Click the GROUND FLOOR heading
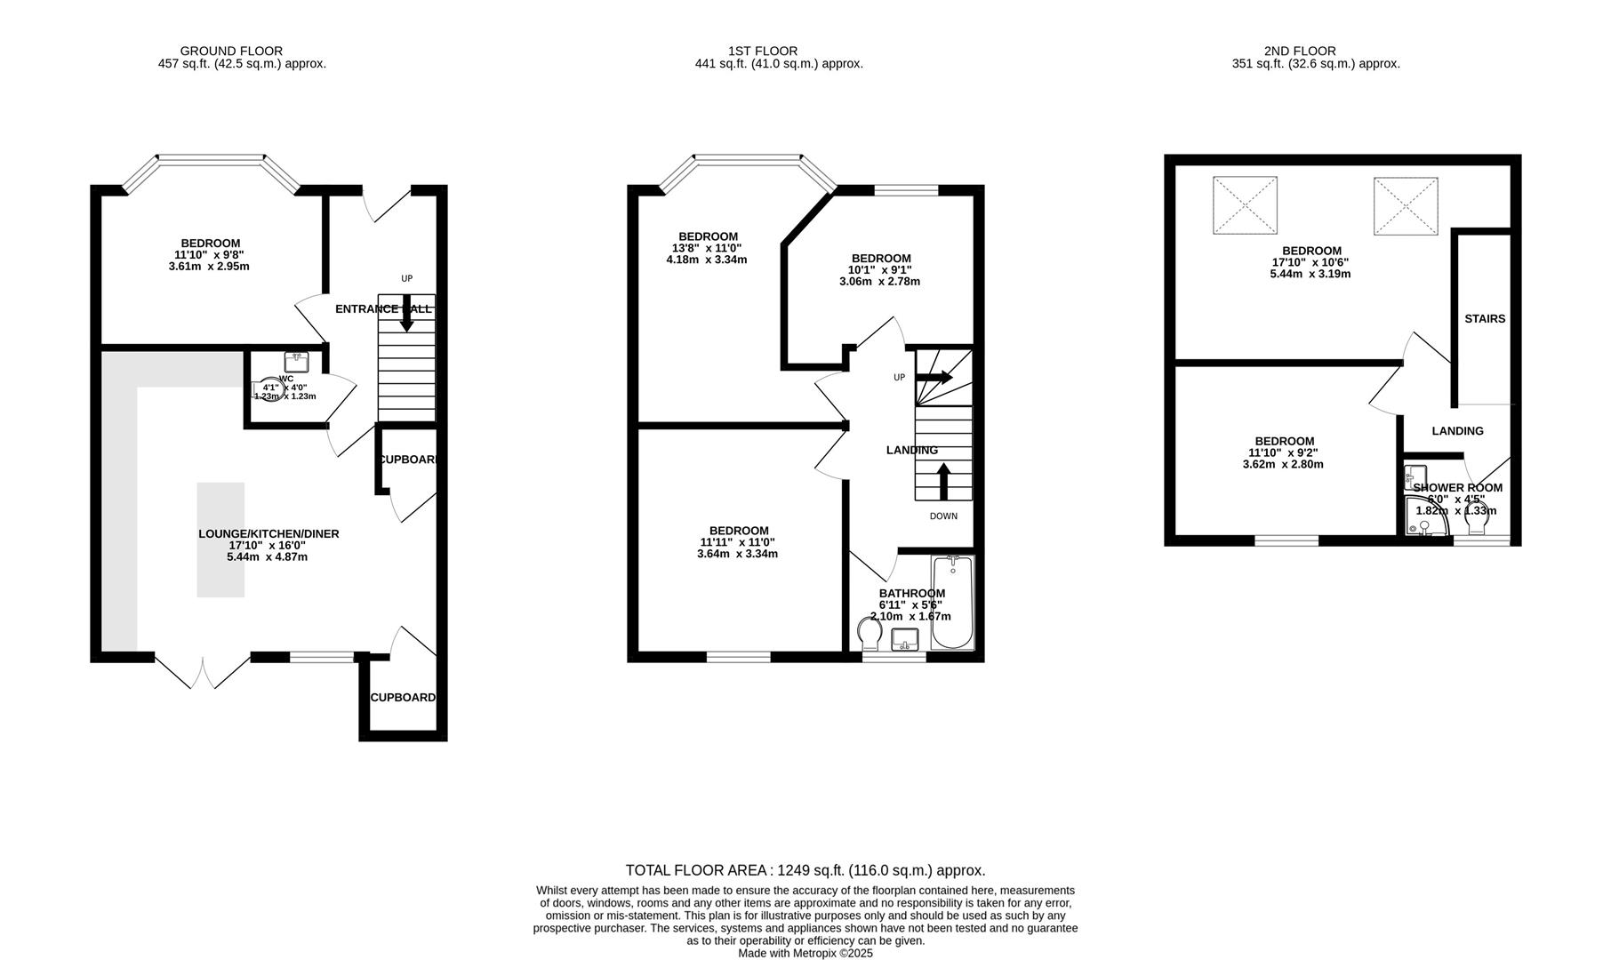click(231, 51)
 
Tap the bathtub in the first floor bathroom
click(952, 604)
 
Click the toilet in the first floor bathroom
click(870, 635)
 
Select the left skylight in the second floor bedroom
click(1245, 205)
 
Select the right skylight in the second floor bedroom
click(1405, 206)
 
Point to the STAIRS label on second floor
click(1485, 318)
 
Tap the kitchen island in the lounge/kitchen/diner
click(220, 540)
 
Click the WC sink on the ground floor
click(296, 362)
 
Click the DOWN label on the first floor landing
click(943, 516)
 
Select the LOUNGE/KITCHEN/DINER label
click(268, 534)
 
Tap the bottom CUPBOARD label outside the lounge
click(403, 698)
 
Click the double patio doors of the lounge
click(203, 671)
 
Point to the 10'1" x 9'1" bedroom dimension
click(879, 270)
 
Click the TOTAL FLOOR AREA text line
click(805, 870)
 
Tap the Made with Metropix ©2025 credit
click(805, 953)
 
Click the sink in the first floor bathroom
click(905, 638)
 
